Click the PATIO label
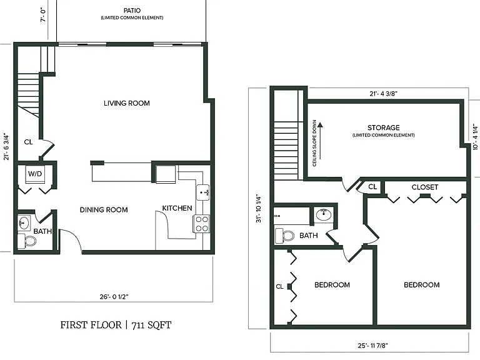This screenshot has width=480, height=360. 132,11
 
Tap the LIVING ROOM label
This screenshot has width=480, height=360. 127,103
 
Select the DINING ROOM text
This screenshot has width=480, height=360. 104,210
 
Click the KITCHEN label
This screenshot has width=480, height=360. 177,208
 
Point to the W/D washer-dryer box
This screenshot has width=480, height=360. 35,174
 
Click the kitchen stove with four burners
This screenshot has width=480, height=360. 202,224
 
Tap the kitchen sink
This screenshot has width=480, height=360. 203,192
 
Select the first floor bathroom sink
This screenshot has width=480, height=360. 24,222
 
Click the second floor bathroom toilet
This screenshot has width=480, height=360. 285,236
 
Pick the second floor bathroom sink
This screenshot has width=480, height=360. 324,215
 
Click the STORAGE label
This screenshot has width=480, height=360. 384,127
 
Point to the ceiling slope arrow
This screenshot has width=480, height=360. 320,141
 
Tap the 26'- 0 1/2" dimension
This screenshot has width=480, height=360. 114,297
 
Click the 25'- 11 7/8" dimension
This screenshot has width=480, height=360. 373,346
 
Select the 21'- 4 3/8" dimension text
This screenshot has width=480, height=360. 383,94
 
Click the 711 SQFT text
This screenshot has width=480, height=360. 151,325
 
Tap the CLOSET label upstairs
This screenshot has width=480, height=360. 425,187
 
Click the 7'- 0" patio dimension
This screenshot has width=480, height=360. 43,15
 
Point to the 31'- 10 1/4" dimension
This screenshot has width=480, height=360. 259,208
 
